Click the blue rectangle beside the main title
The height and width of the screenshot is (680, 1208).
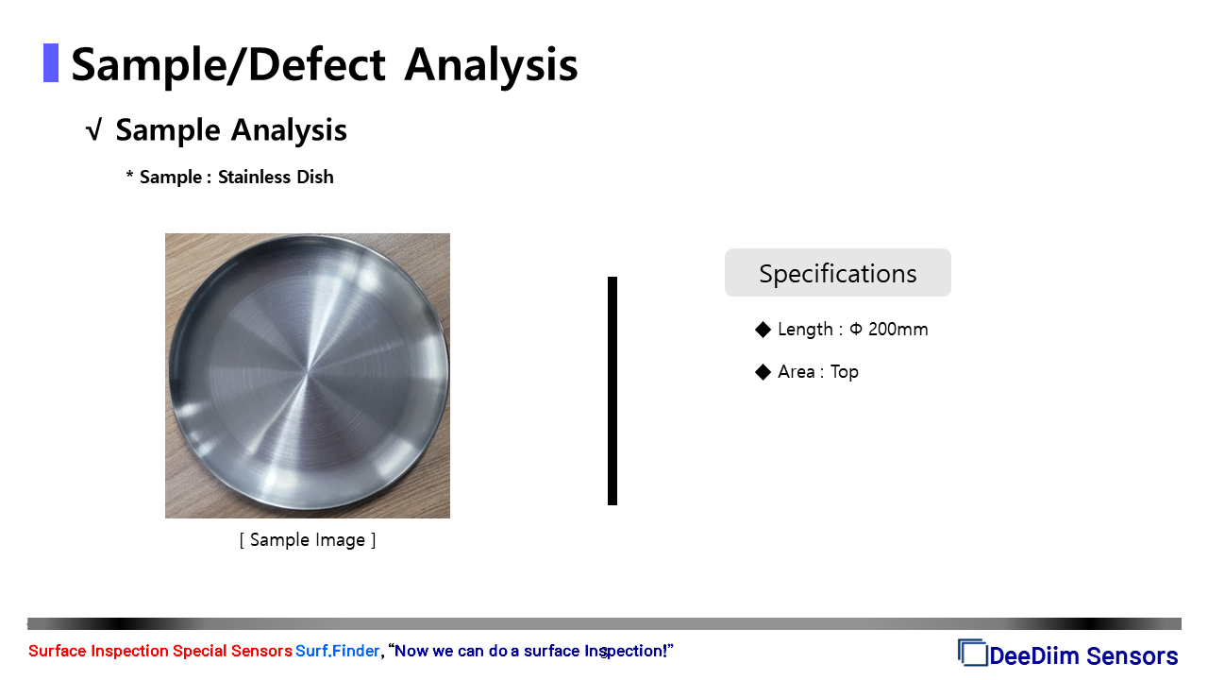[51, 63]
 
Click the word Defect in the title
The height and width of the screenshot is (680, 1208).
[317, 65]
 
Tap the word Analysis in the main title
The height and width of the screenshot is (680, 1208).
[492, 66]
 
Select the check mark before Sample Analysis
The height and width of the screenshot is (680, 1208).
[93, 130]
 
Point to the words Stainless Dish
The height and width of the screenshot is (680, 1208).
[276, 177]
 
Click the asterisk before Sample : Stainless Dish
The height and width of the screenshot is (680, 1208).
[129, 175]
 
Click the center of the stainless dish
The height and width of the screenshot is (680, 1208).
[309, 372]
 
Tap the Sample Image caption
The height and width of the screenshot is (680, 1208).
[308, 539]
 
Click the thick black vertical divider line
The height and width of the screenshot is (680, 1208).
[612, 391]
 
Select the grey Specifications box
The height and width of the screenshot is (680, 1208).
[837, 273]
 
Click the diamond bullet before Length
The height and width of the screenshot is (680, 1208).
[763, 330]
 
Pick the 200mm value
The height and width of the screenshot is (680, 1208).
[898, 330]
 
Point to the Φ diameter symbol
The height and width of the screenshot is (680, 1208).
[856, 329]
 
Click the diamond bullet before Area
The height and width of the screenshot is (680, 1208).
[763, 372]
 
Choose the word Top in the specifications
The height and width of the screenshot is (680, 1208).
[845, 372]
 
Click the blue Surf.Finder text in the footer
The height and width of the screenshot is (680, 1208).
[338, 651]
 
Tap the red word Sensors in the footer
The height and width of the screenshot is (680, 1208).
[261, 651]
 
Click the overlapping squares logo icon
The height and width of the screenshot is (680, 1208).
[972, 652]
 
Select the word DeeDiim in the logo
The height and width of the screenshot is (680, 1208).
[1035, 656]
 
